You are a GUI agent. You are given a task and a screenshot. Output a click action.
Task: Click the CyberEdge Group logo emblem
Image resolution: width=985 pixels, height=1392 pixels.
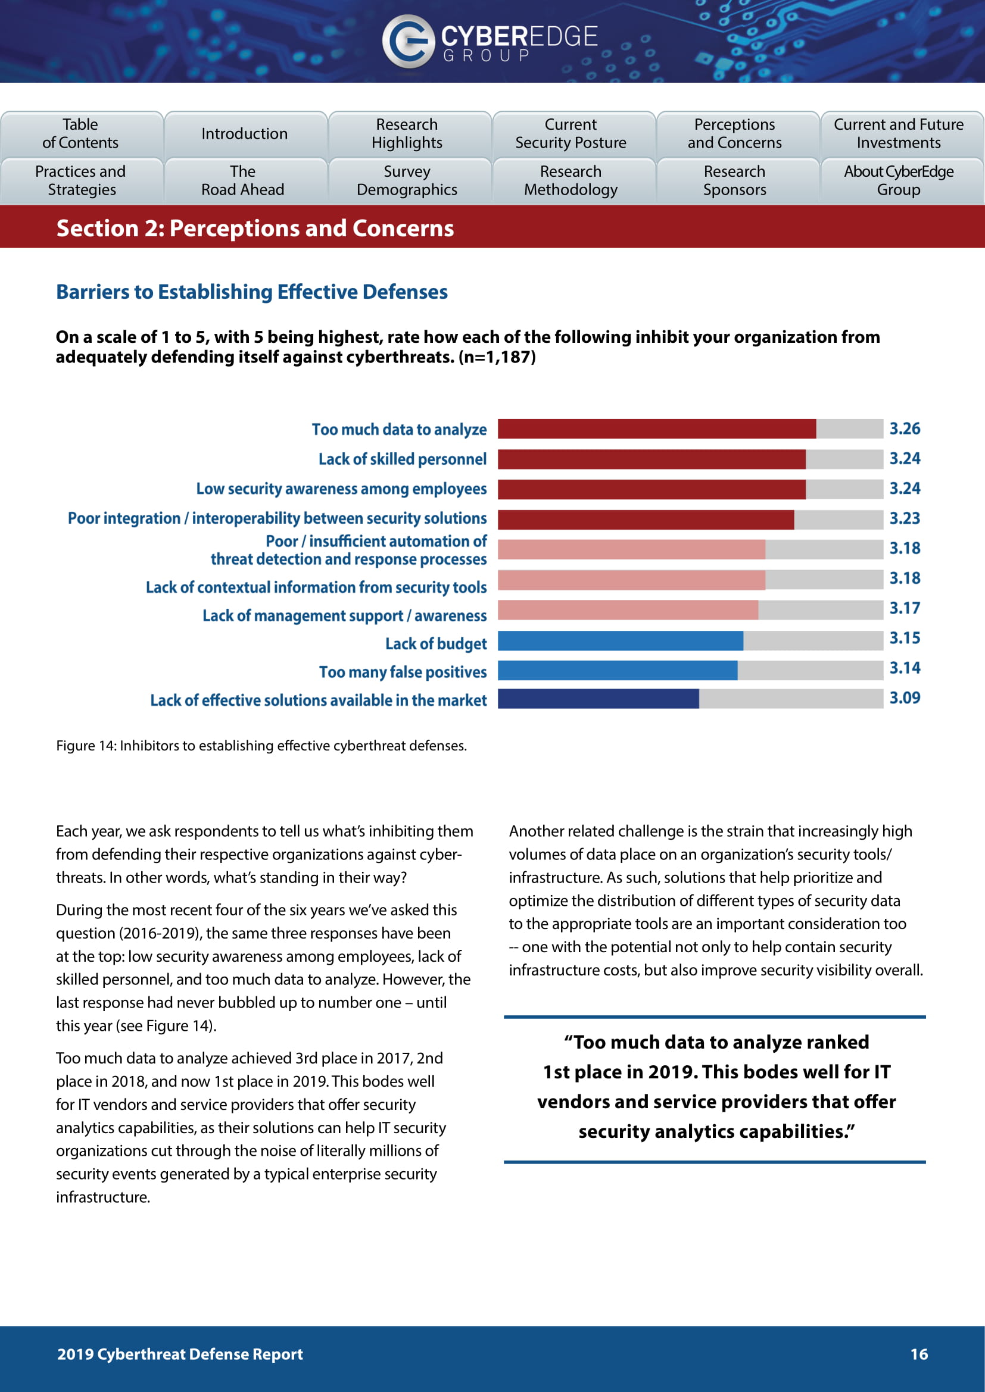(x=407, y=40)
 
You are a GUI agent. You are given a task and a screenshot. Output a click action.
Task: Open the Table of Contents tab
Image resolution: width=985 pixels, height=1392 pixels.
(x=80, y=133)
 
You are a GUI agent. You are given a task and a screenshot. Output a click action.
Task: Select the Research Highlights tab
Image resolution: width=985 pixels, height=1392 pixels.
(x=407, y=133)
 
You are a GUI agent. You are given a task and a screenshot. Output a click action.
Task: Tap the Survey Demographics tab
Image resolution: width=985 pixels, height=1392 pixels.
(x=407, y=181)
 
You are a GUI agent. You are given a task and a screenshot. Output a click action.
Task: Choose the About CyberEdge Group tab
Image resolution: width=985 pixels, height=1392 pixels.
(x=898, y=181)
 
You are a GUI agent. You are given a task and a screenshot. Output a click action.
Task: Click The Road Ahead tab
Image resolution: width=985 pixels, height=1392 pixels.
(x=243, y=181)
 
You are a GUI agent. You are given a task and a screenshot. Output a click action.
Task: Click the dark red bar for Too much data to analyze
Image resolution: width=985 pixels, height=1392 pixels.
(x=656, y=428)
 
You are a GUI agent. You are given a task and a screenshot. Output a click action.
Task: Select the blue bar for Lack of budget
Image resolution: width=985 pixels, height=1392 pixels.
(x=620, y=641)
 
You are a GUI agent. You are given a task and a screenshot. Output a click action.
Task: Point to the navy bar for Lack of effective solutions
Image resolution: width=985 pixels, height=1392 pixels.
(x=598, y=699)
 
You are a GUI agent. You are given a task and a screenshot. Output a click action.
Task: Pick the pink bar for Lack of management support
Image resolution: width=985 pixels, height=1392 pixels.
(x=627, y=610)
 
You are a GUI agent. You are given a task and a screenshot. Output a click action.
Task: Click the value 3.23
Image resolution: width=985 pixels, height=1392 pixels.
(x=905, y=518)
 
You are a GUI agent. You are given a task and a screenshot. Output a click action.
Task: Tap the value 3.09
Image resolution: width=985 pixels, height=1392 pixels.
(x=905, y=698)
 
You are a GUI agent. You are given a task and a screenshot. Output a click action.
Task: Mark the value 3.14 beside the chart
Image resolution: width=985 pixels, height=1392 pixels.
(x=905, y=668)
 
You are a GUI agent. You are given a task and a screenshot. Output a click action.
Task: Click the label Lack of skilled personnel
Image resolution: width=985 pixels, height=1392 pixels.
(x=402, y=459)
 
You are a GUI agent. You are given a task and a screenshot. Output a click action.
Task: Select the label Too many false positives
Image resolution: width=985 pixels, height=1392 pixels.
(x=403, y=672)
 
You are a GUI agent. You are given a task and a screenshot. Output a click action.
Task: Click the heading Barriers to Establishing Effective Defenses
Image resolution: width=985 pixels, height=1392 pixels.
(x=252, y=292)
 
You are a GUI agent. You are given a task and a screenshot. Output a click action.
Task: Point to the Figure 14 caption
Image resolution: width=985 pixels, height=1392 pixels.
(x=261, y=745)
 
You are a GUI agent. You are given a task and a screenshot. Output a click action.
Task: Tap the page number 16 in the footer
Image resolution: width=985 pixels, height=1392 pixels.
(x=918, y=1354)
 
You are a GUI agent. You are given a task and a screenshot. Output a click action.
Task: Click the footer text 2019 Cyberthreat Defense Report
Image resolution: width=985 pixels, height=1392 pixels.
(x=179, y=1354)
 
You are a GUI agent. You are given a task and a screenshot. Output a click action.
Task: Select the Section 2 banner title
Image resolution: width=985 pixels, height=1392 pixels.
(x=255, y=229)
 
